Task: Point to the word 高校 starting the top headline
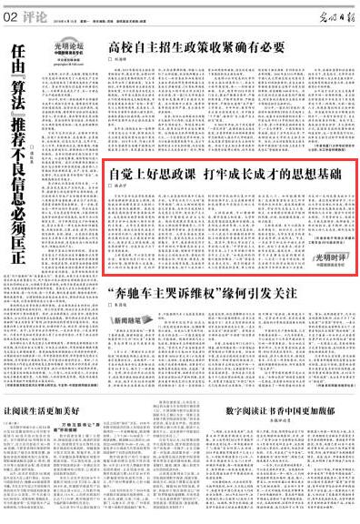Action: (118, 46)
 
